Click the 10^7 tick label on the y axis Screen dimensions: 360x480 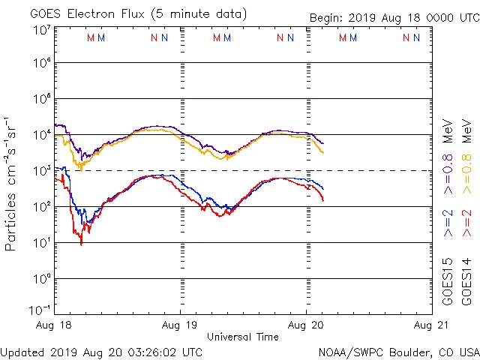click(42, 31)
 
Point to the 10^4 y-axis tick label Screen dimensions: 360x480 click(42, 135)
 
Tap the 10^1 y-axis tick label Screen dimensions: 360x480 click(42, 243)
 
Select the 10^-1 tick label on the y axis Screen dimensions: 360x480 click(40, 310)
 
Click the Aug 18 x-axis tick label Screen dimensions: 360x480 click(57, 326)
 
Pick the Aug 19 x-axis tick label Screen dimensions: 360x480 click(181, 326)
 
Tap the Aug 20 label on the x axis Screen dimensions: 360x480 click(306, 326)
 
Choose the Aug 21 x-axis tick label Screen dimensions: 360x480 click(429, 326)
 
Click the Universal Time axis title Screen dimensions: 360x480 click(243, 337)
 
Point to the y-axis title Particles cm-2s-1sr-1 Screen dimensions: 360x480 click(11, 184)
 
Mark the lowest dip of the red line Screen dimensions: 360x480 click(81, 243)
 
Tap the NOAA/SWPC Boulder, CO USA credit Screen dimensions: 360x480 click(398, 352)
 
